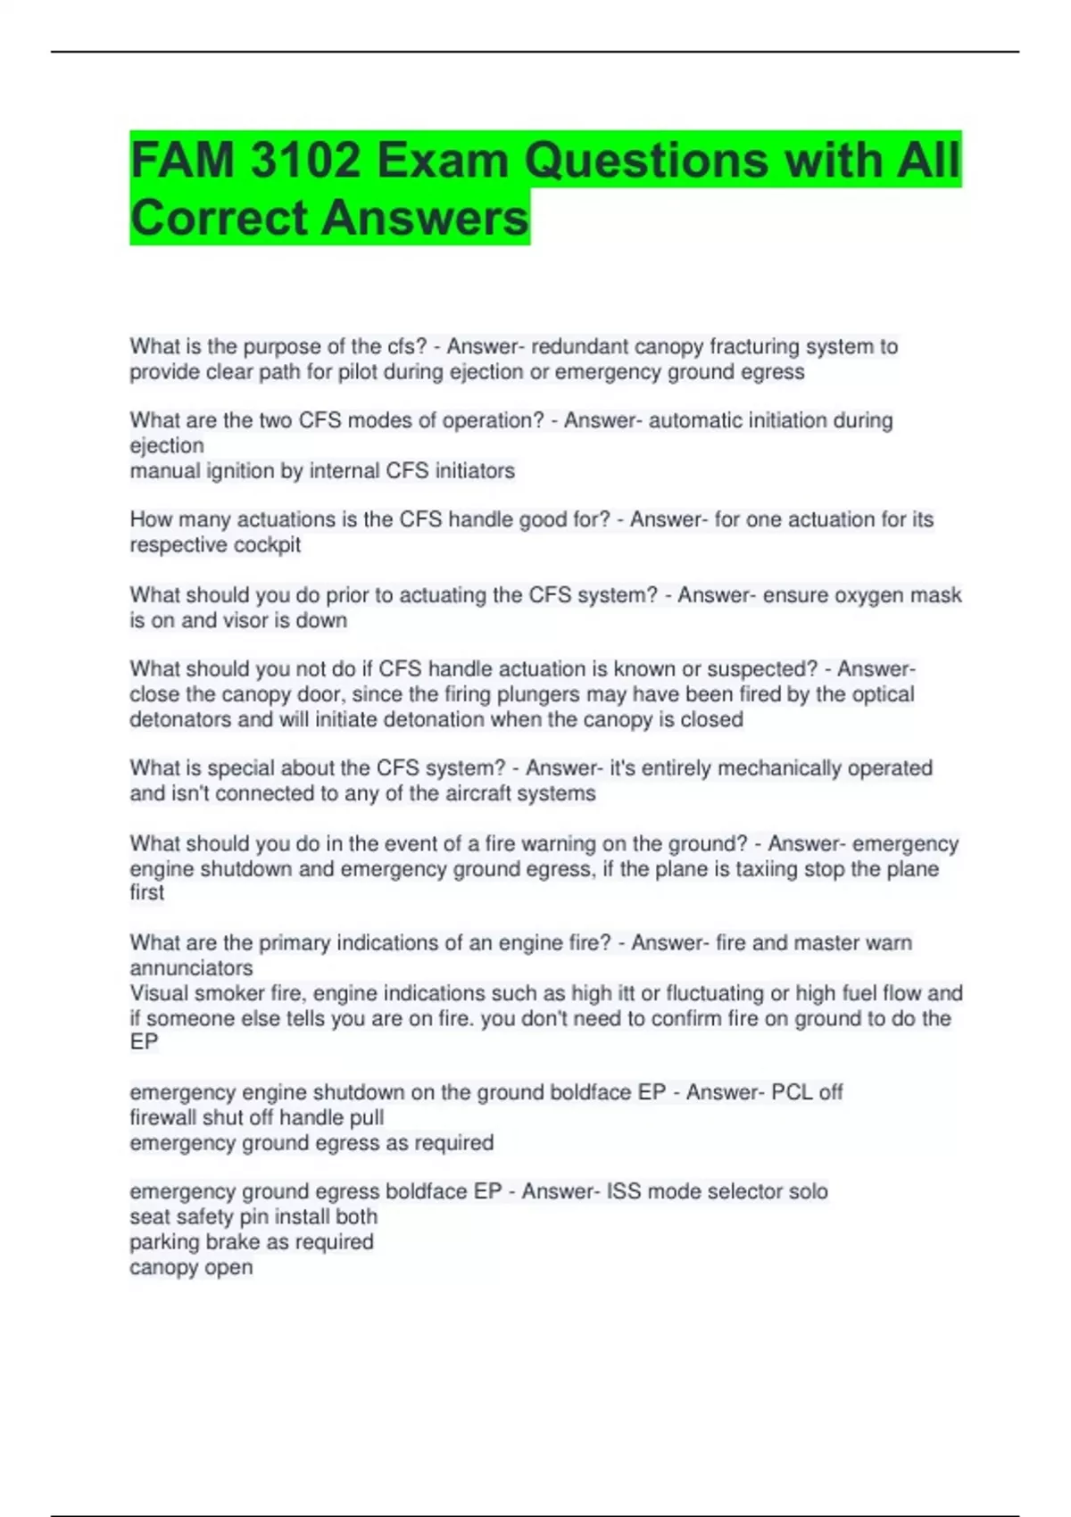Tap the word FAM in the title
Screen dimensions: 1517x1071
(183, 161)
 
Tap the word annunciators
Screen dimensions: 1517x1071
(191, 968)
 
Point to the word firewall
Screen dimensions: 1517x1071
(162, 1117)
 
